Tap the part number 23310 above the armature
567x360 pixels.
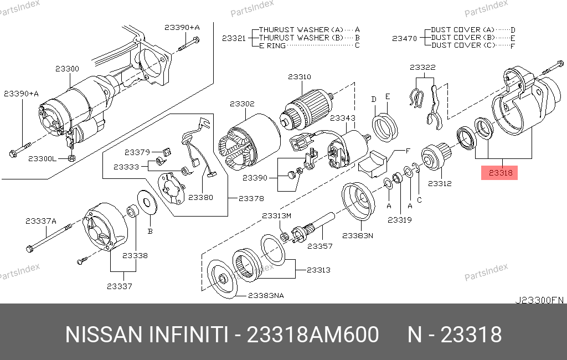300,76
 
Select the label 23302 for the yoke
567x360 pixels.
243,104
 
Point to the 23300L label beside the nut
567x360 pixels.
42,158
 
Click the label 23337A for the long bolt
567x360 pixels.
41,221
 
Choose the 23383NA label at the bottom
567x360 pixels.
266,296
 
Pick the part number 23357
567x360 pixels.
320,246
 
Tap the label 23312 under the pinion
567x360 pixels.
440,183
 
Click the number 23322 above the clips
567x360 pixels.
422,68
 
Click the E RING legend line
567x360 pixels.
272,45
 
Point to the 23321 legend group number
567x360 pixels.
234,38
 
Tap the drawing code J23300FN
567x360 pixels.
539,300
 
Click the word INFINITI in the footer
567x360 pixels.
188,335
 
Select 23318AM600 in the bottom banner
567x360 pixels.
313,335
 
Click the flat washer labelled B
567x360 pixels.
147,202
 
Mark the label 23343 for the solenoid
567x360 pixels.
342,118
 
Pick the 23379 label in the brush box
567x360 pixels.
137,152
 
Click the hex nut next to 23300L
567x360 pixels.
71,158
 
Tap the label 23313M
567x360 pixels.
277,216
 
